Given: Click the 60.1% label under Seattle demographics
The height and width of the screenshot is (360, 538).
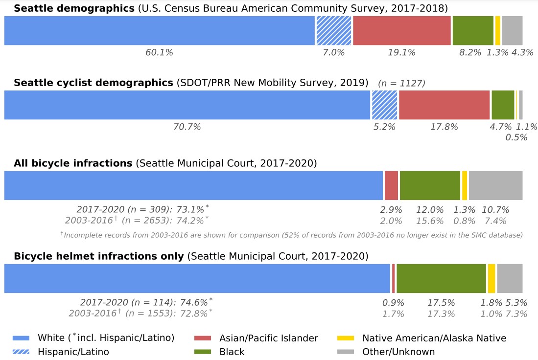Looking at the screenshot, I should pyautogui.click(x=159, y=53).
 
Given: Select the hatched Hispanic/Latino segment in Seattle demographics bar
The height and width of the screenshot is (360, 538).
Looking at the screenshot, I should pyautogui.click(x=333, y=30).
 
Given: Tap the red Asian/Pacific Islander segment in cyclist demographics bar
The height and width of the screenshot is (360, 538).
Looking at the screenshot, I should pyautogui.click(x=444, y=105).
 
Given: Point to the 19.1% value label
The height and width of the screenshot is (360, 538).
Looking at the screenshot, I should pyautogui.click(x=401, y=53).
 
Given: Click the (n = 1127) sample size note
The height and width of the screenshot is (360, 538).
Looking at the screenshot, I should pyautogui.click(x=401, y=84).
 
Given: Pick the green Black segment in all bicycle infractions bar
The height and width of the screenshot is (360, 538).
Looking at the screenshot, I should pyautogui.click(x=430, y=185).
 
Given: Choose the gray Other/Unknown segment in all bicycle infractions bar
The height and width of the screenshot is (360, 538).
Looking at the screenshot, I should pyautogui.click(x=495, y=185).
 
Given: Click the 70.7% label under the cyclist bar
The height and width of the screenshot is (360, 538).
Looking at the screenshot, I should pyautogui.click(x=187, y=127).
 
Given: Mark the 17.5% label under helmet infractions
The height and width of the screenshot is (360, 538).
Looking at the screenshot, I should pyautogui.click(x=441, y=303).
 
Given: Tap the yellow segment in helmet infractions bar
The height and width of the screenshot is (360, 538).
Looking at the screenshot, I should pyautogui.click(x=491, y=279).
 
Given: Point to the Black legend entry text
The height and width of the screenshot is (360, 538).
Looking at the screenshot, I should pyautogui.click(x=232, y=352).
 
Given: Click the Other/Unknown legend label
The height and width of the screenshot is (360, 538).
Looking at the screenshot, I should pyautogui.click(x=398, y=352).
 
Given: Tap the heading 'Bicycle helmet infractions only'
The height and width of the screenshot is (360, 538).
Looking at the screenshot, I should pyautogui.click(x=99, y=256).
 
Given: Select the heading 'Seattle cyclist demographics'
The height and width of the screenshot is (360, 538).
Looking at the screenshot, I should pyautogui.click(x=94, y=83).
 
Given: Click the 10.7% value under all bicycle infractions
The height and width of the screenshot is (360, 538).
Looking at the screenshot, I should pyautogui.click(x=496, y=210).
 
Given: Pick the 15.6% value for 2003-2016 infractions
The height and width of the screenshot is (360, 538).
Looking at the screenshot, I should pyautogui.click(x=430, y=221).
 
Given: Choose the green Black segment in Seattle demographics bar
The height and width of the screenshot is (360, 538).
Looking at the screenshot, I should pyautogui.click(x=472, y=30).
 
